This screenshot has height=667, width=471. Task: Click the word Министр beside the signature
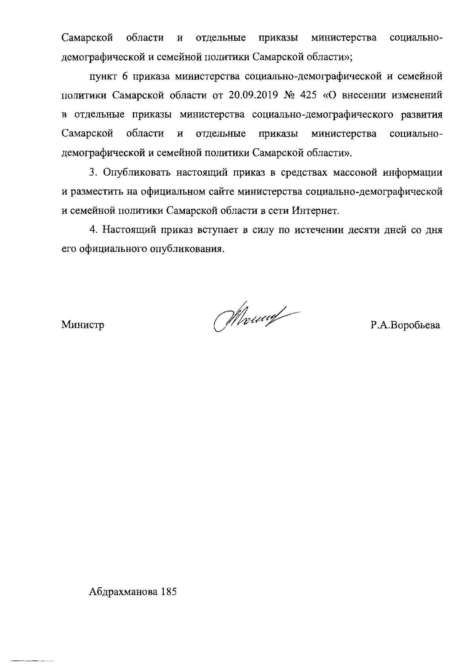point(82,325)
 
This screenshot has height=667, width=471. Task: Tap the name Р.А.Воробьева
point(405,325)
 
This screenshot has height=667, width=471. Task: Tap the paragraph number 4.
point(92,230)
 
